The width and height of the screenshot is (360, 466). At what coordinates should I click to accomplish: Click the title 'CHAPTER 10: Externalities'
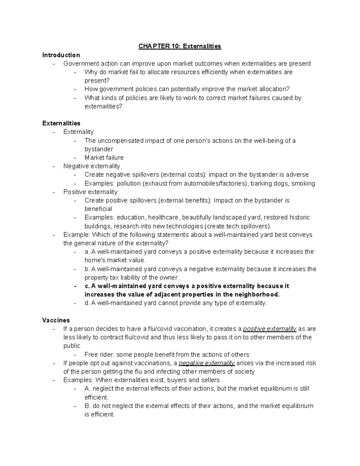click(x=180, y=46)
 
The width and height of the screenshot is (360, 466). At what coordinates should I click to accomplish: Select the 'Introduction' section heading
click(x=61, y=55)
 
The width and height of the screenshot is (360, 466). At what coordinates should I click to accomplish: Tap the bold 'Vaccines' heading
click(x=56, y=320)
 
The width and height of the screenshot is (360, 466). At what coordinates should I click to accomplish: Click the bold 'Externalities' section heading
click(x=61, y=123)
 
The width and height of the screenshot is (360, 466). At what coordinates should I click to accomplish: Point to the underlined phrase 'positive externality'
click(x=269, y=329)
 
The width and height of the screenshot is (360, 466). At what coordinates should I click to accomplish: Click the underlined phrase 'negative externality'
click(x=207, y=363)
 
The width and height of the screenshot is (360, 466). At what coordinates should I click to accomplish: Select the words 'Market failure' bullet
click(x=104, y=158)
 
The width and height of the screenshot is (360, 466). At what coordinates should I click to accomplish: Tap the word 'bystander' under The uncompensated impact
click(x=99, y=149)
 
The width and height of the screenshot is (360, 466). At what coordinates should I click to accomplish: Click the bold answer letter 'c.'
click(x=87, y=286)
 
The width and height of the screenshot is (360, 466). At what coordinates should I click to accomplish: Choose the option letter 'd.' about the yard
click(x=87, y=303)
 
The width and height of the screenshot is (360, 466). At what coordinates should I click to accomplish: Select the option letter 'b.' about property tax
click(x=87, y=269)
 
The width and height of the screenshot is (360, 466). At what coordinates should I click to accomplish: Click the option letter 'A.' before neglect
click(x=88, y=389)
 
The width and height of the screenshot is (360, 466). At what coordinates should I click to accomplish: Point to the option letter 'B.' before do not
click(x=88, y=406)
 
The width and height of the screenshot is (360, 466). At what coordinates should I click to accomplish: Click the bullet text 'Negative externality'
click(x=91, y=166)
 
